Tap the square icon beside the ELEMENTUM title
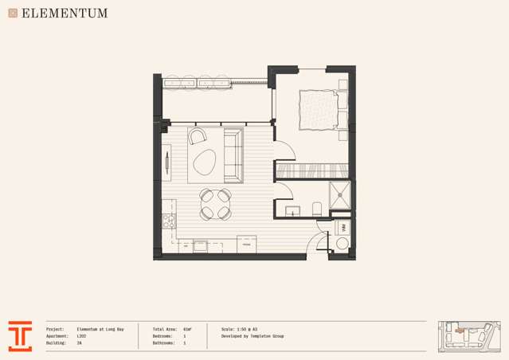13,13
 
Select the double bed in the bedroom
323,109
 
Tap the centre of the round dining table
215,204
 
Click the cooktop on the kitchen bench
169,221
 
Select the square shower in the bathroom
340,194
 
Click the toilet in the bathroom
317,209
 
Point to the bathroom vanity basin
292,211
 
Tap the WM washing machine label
342,229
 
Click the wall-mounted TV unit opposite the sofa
166,163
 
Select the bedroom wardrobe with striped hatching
311,170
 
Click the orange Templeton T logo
20,336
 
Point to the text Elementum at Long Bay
100,329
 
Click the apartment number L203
82,336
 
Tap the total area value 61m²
187,329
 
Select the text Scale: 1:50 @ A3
239,329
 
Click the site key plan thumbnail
469,336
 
